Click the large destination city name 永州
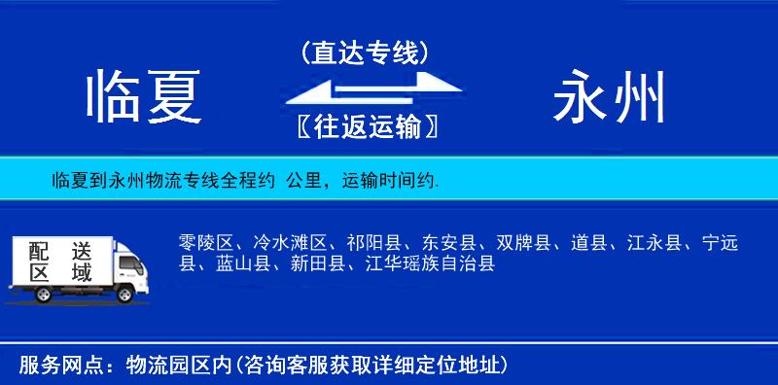click(x=610, y=98)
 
